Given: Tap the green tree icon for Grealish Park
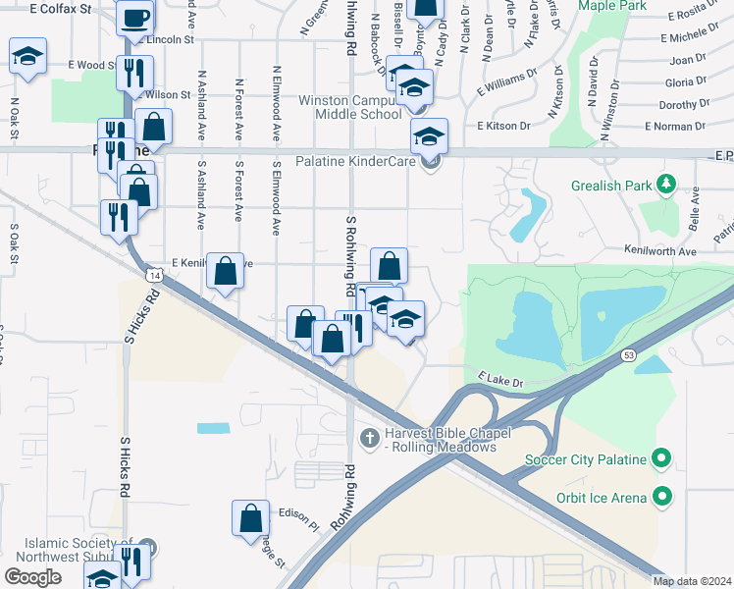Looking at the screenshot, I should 665,183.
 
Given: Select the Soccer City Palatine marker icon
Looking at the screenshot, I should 661,458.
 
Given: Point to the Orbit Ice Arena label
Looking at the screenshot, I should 601,498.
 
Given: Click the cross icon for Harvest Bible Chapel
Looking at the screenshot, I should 369,436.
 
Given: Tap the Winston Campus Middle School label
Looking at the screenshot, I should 351,107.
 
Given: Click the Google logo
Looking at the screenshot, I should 33,576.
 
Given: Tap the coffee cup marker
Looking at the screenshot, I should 135,16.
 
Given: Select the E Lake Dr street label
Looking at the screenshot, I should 502,378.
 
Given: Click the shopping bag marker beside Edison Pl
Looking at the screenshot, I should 251,517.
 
